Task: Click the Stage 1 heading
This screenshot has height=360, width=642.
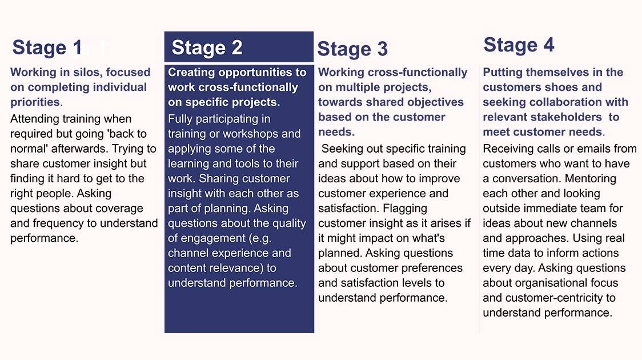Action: [47, 48]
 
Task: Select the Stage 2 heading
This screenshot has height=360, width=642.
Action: [207, 48]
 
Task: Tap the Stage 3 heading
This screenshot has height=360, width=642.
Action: [352, 49]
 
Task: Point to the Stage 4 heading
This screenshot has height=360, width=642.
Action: [519, 45]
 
